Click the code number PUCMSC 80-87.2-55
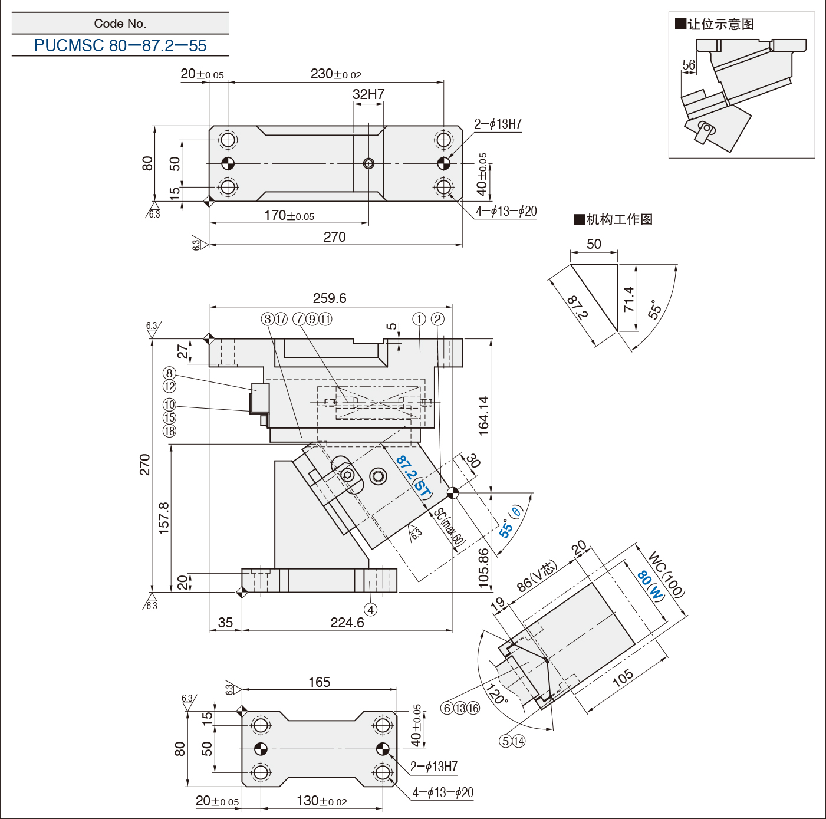click(120, 45)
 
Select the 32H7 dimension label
click(368, 94)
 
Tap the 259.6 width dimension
click(330, 298)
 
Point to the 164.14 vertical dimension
click(483, 416)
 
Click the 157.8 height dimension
click(164, 518)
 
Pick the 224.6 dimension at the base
click(347, 623)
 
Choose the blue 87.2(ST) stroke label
click(413, 475)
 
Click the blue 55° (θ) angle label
click(510, 522)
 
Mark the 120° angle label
click(496, 694)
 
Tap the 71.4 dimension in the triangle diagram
click(629, 299)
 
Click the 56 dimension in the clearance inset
click(689, 65)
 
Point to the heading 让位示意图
click(720, 24)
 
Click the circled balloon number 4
click(370, 610)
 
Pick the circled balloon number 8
click(169, 373)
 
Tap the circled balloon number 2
click(437, 319)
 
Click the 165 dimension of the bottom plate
click(320, 682)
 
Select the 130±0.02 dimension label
click(322, 801)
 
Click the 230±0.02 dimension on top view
click(335, 74)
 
